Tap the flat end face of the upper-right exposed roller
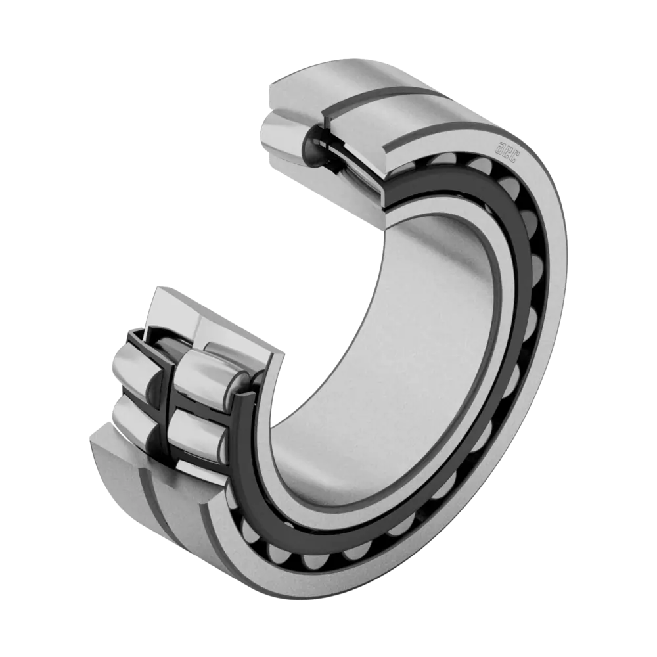(240, 384)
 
